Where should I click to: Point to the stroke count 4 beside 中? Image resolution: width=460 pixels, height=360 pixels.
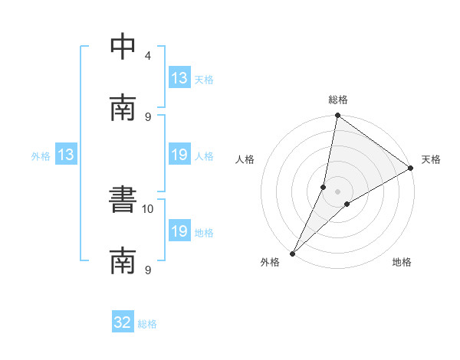point(147,56)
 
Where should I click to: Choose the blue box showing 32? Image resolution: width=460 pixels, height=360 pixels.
point(123,322)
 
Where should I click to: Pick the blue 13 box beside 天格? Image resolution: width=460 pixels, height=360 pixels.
point(179,78)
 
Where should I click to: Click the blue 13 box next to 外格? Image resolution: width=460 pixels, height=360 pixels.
point(66,155)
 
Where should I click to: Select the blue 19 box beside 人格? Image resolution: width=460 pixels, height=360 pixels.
point(179,155)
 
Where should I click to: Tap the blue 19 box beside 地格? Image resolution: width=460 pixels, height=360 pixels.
point(179,232)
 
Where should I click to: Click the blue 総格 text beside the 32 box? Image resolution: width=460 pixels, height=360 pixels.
point(147,324)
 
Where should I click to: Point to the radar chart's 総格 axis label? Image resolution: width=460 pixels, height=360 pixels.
point(338,100)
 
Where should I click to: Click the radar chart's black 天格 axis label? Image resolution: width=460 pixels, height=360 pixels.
point(431,159)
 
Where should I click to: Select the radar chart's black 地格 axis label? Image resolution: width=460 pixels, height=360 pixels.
point(402,262)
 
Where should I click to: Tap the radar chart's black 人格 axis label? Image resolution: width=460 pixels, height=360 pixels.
point(245,159)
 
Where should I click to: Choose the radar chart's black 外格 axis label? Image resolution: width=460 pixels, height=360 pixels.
point(270,262)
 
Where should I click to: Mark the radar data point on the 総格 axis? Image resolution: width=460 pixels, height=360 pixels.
point(337,116)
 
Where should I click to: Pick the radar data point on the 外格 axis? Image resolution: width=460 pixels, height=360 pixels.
point(293,253)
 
